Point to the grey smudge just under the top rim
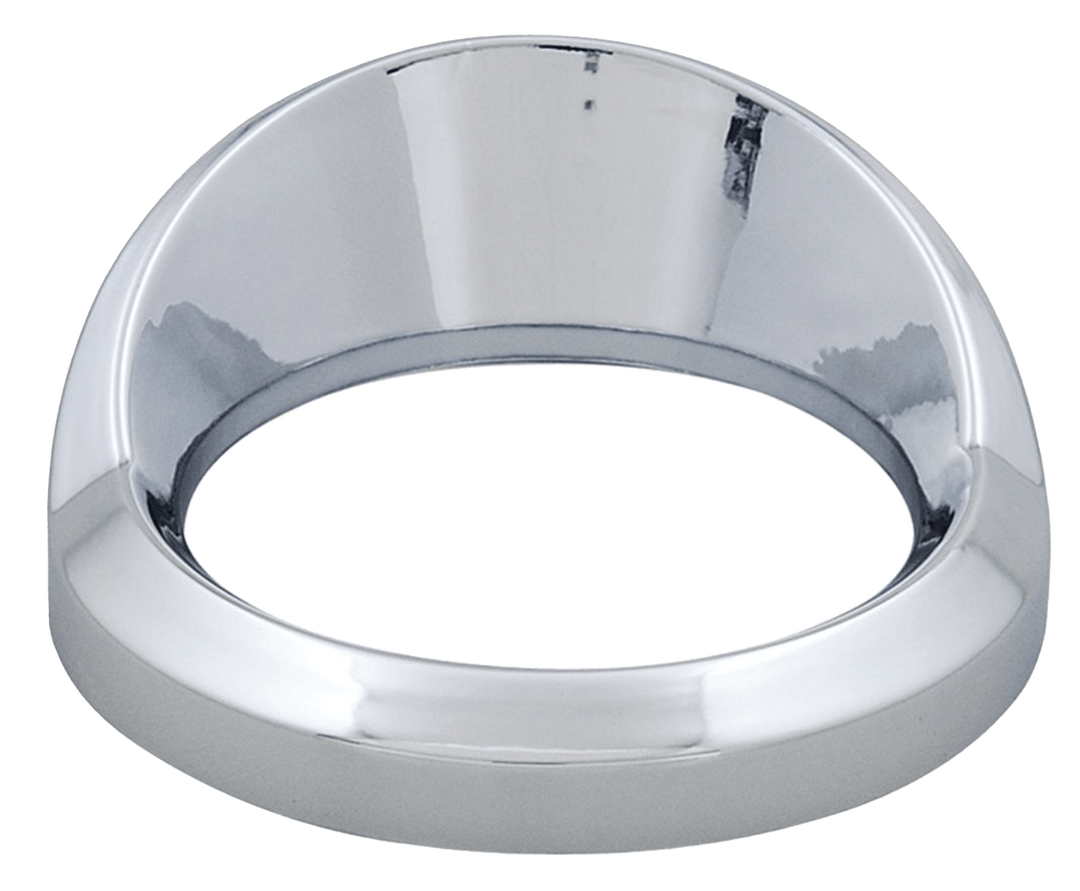pyautogui.click(x=586, y=64)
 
